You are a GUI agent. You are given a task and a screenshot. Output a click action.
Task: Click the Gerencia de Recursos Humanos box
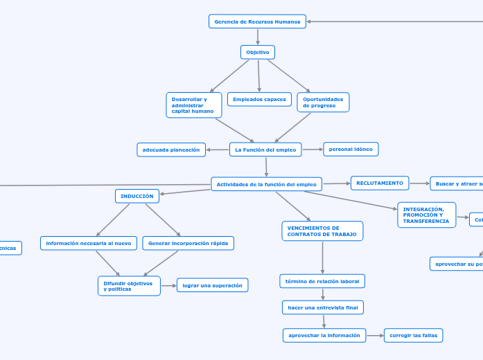tap(257, 21)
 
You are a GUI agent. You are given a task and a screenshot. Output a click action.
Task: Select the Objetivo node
tap(258, 52)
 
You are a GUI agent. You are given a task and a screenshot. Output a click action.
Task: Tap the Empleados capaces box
tap(259, 99)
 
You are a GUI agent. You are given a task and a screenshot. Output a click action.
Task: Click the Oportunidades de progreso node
tap(323, 102)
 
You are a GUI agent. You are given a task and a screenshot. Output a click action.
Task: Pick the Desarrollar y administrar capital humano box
tap(194, 105)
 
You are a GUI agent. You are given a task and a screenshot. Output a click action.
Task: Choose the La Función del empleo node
tap(265, 150)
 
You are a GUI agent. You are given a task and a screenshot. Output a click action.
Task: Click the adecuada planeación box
tap(171, 150)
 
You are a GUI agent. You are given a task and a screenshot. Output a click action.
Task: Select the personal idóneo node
tap(351, 149)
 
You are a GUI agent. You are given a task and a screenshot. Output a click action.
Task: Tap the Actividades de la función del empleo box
tap(266, 184)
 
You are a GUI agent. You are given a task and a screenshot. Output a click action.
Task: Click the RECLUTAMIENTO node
tap(380, 183)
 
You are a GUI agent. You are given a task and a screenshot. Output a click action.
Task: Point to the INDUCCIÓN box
tap(137, 196)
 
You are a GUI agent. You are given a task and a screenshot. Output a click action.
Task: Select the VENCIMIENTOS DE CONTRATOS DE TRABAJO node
tap(322, 231)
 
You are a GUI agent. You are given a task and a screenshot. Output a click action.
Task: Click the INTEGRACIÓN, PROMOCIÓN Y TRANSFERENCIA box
tap(426, 215)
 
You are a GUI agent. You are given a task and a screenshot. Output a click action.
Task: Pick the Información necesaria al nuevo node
tap(89, 243)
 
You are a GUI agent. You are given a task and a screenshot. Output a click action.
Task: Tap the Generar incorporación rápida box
tap(188, 243)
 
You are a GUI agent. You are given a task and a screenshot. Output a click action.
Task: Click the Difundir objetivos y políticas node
tap(129, 286)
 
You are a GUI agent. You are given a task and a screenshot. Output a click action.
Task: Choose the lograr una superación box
tap(212, 285)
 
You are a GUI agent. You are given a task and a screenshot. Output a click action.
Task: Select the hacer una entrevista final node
tap(323, 307)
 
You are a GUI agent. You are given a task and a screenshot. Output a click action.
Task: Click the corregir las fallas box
tap(413, 335)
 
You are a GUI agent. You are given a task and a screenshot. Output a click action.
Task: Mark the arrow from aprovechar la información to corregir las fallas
tap(375, 335)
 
